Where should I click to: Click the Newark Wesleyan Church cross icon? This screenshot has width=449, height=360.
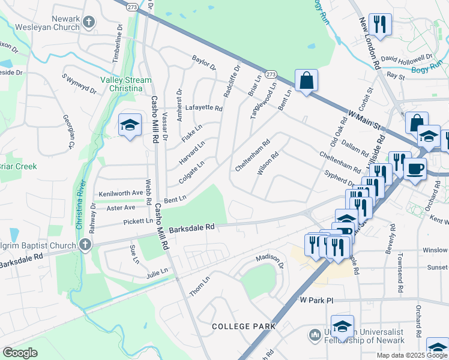[89, 23]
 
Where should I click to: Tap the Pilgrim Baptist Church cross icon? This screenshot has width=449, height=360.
[85, 245]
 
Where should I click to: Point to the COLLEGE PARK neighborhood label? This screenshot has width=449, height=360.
[244, 326]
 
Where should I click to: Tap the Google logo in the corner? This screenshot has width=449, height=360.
[20, 353]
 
